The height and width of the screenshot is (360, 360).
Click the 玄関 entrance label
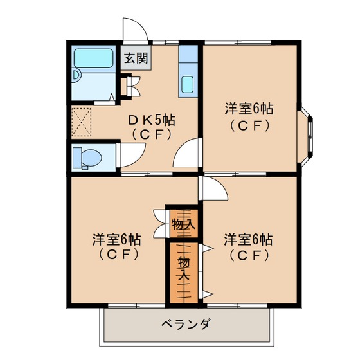[136, 58]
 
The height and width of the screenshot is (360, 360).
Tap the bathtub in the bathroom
[93, 59]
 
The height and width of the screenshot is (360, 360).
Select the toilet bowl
[90, 158]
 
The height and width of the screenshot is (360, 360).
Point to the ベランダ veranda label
[186, 324]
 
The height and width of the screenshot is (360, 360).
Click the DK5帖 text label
[152, 120]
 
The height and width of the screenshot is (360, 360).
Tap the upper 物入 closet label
[184, 224]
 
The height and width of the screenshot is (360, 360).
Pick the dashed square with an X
[82, 122]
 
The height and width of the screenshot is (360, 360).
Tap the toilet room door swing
[132, 155]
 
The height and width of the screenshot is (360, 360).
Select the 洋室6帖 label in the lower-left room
[117, 239]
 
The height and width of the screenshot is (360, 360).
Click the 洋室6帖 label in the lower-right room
[248, 239]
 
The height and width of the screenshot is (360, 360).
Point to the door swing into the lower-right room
[213, 188]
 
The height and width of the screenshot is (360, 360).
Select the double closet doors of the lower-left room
[160, 224]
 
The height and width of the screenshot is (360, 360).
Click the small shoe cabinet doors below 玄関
[134, 86]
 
